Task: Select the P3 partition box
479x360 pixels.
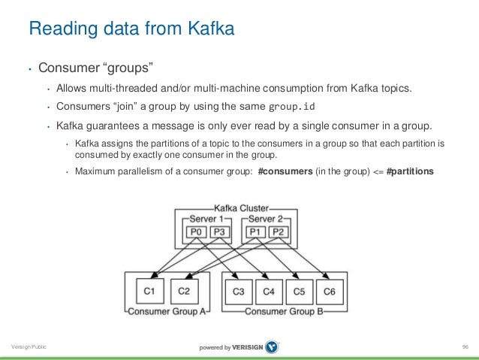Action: tap(218, 232)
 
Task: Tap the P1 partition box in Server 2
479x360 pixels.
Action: tap(255, 232)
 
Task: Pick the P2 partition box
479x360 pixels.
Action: tap(278, 232)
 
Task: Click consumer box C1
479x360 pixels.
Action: tap(149, 291)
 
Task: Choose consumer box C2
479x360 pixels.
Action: tap(185, 291)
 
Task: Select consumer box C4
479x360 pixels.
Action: tap(270, 291)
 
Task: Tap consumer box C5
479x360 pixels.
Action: tap(300, 291)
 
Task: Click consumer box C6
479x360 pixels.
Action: tap(329, 291)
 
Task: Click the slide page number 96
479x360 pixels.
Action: tap(465, 346)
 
